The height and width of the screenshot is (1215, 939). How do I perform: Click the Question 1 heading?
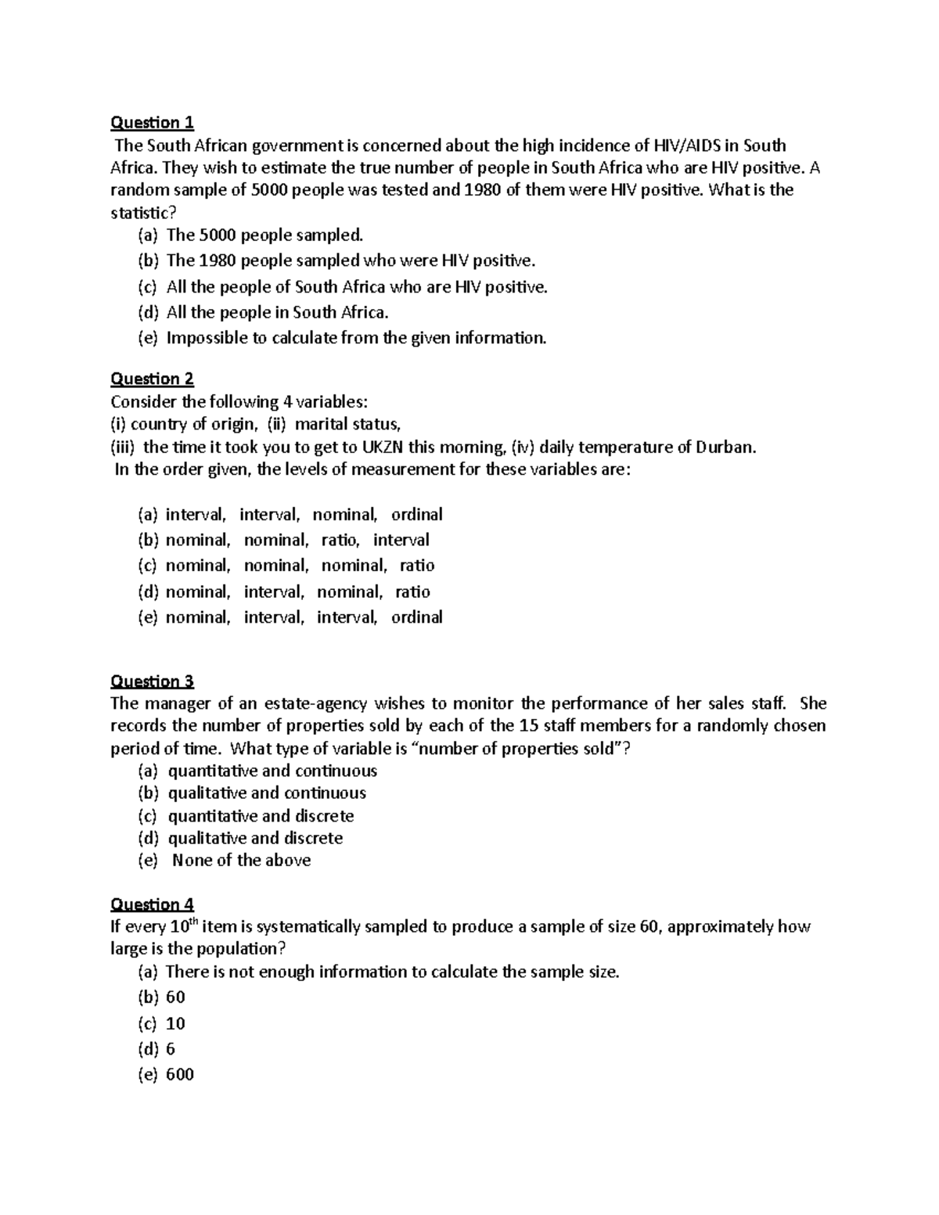(x=152, y=122)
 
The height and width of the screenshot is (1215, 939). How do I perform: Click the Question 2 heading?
(x=152, y=379)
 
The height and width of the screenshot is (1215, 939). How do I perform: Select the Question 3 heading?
(x=152, y=681)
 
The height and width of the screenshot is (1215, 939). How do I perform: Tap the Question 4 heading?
(x=152, y=904)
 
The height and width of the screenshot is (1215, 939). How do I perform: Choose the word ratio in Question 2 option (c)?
(x=417, y=566)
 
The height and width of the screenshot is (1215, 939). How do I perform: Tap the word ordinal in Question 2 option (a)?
(x=417, y=515)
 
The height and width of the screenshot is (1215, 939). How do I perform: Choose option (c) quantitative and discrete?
(x=261, y=816)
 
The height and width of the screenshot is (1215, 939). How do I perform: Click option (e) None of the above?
(x=241, y=861)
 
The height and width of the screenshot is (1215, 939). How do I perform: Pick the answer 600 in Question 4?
(x=180, y=1074)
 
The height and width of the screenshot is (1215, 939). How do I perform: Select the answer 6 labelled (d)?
(x=171, y=1048)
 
